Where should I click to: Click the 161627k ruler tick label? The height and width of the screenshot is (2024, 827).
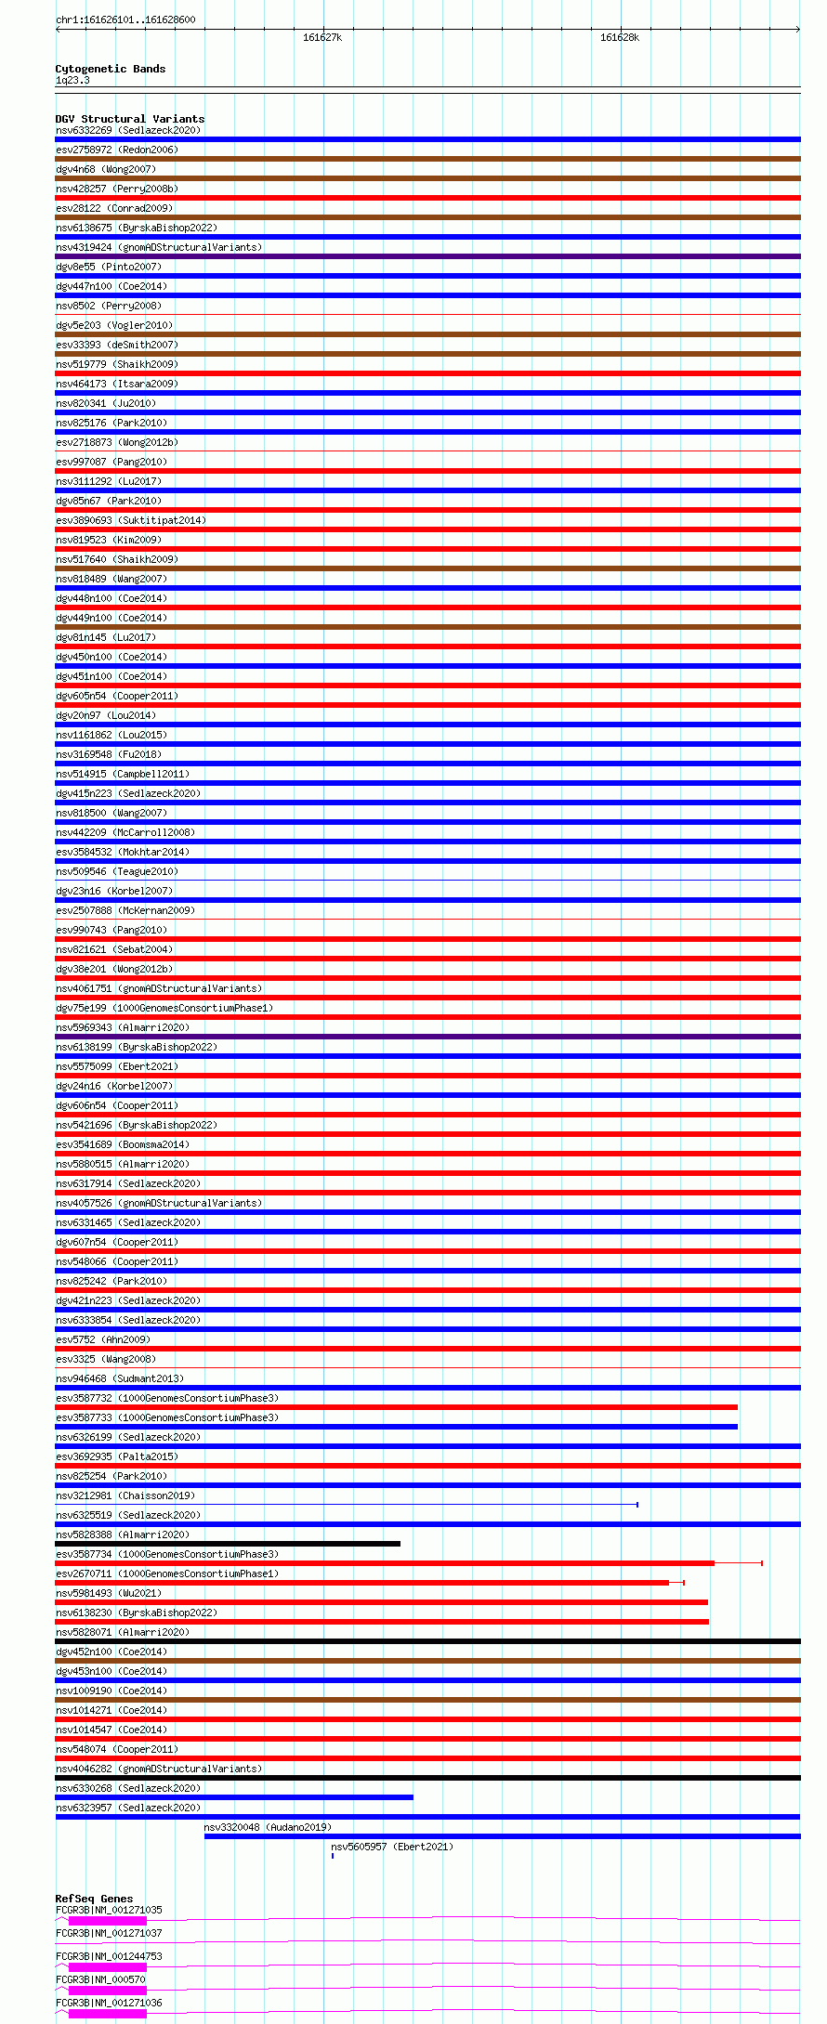(x=322, y=37)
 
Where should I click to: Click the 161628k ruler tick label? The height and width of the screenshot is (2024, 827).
(x=619, y=37)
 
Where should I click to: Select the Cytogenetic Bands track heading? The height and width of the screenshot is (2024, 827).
(x=110, y=69)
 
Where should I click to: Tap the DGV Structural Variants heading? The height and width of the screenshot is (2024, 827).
(x=129, y=119)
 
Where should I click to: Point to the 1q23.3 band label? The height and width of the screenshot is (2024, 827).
(x=72, y=81)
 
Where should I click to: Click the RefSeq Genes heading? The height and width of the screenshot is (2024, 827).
(x=94, y=1899)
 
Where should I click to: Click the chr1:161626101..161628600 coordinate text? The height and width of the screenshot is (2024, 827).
(x=125, y=20)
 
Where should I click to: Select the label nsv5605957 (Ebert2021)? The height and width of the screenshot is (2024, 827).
(x=392, y=1847)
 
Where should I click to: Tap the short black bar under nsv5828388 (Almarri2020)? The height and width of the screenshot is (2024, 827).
(x=228, y=1544)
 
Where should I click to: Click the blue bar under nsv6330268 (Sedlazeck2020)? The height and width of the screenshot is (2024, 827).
(x=234, y=1797)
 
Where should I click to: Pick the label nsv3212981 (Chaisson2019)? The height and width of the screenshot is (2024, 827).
(x=125, y=1495)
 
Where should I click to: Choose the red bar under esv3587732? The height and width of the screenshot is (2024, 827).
(x=396, y=1407)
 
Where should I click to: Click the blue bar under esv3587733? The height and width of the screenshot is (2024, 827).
(x=396, y=1427)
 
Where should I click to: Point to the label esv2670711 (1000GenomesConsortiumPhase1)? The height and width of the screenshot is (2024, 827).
(x=167, y=1573)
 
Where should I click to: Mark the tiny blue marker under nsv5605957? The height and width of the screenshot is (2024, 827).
(x=333, y=1856)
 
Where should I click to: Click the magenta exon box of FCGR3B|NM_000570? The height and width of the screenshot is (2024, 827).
(x=107, y=1991)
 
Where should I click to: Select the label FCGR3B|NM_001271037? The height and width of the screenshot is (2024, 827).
(x=109, y=1933)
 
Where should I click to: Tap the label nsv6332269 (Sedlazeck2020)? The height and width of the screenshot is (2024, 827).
(x=128, y=130)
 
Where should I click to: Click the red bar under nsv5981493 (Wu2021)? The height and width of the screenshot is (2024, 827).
(x=381, y=1602)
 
